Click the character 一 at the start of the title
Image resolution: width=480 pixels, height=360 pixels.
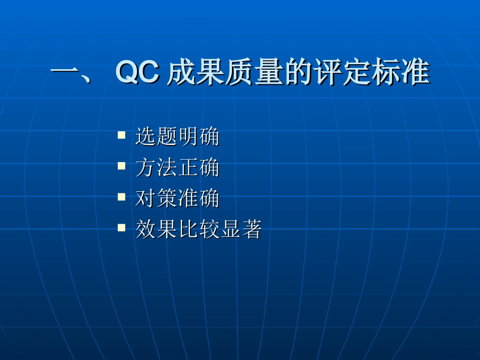click(65, 73)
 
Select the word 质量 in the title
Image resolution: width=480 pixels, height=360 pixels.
click(253, 73)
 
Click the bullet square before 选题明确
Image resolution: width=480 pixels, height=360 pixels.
click(121, 135)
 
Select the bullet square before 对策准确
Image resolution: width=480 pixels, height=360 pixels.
click(121, 197)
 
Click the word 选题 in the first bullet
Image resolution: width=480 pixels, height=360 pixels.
click(156, 137)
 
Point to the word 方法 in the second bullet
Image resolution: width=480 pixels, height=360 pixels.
click(156, 168)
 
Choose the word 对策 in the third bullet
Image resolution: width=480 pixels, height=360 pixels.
click(156, 199)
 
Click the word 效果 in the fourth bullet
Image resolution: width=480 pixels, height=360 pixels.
click(156, 230)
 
